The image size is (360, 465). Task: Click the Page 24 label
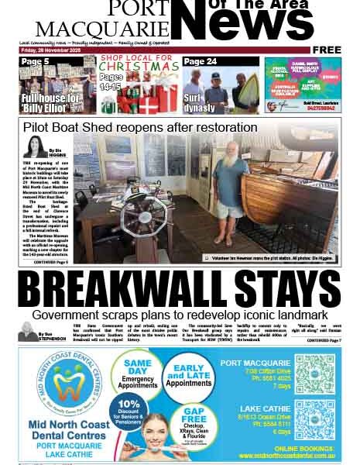(201, 61)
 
